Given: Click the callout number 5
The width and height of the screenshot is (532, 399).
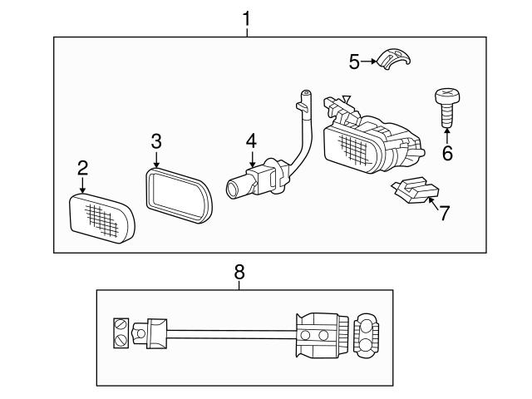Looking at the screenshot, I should point(353,61).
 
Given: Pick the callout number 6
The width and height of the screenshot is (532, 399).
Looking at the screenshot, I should point(447,153).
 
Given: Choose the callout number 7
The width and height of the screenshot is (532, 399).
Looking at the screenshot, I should point(444,213).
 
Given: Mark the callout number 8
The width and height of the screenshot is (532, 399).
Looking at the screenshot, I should point(239,271).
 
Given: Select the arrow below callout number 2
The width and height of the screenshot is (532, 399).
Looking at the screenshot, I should point(82,185).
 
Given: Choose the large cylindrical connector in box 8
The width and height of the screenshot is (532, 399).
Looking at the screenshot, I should point(320,335).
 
